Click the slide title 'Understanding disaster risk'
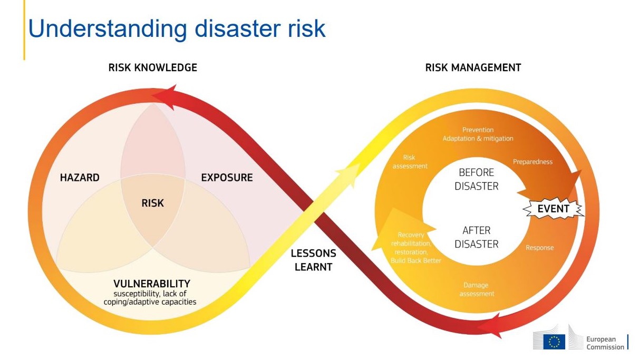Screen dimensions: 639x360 177,29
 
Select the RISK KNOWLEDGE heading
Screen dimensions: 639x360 153,67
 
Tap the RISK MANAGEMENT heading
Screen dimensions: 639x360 473,67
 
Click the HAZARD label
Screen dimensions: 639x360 80,178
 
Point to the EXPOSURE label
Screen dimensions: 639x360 227,178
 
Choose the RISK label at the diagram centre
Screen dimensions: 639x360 152,203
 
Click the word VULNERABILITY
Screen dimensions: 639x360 152,284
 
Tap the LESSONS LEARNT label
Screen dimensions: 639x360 314,260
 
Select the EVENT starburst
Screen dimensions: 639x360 553,209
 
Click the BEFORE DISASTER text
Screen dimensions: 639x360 477,179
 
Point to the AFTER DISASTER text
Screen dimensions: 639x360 477,237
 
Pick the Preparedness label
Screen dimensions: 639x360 532,162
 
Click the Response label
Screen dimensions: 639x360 540,248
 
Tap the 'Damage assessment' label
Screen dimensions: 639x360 477,289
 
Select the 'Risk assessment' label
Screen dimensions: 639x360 410,162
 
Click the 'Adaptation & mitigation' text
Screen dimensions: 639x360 478,138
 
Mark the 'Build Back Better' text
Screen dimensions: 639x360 415,260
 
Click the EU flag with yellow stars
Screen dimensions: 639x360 554,342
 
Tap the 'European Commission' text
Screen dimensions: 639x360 605,343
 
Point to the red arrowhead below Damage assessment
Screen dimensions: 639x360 490,326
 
